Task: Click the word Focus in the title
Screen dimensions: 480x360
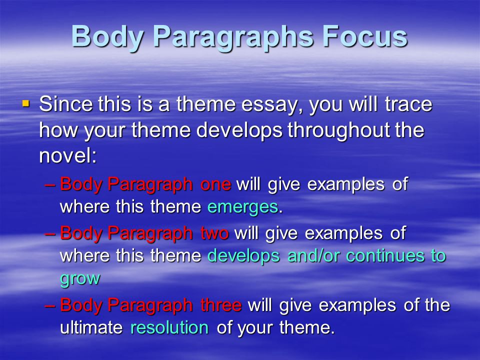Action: tap(365, 36)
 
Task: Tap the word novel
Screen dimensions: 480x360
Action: tap(67, 155)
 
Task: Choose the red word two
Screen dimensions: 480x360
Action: tap(214, 233)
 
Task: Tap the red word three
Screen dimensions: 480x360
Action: tap(221, 305)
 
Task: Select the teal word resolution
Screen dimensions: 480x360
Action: tap(169, 327)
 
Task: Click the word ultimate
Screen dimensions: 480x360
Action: tap(91, 327)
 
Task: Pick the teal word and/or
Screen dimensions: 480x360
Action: tap(313, 256)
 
